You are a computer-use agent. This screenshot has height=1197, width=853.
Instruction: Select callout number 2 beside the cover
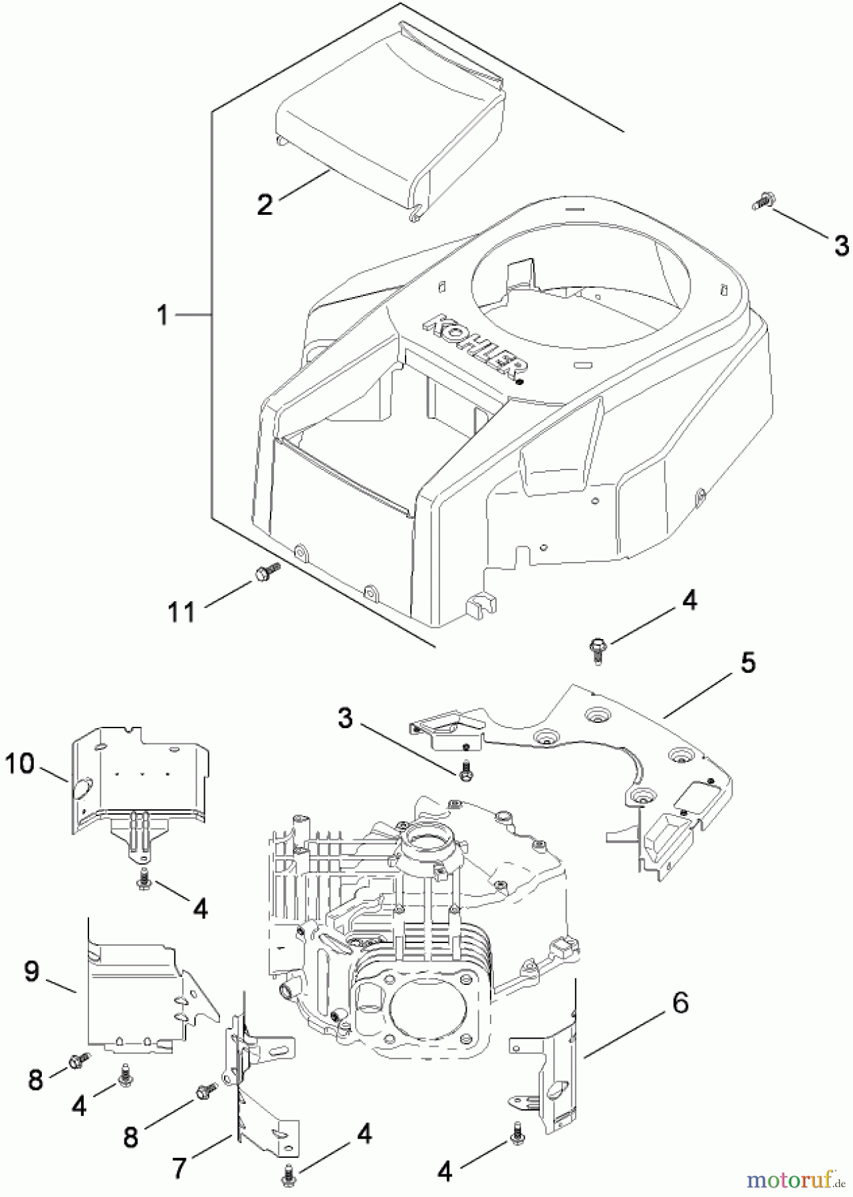[265, 203]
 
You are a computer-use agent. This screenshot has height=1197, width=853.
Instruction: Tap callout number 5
[747, 664]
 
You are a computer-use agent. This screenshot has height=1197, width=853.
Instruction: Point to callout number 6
[679, 1002]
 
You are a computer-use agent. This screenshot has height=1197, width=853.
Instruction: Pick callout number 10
[19, 764]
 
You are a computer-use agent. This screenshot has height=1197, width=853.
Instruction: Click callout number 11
[181, 610]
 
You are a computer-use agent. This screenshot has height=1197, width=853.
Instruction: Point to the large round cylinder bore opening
[422, 1011]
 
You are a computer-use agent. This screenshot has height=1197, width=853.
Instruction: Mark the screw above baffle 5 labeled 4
[596, 648]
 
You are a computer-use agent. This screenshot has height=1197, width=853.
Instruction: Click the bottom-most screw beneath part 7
[288, 1174]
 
